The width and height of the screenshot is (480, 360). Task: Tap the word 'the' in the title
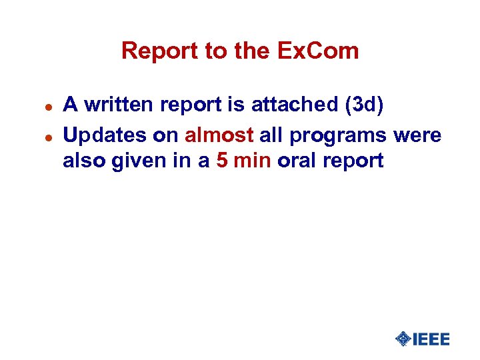231,51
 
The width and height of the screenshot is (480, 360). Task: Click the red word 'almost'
219,135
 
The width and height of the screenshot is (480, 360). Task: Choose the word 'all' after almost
271,135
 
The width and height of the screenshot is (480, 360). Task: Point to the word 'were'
417,135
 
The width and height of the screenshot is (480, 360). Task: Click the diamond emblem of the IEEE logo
403,339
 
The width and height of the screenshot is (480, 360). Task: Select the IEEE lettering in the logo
431,339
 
